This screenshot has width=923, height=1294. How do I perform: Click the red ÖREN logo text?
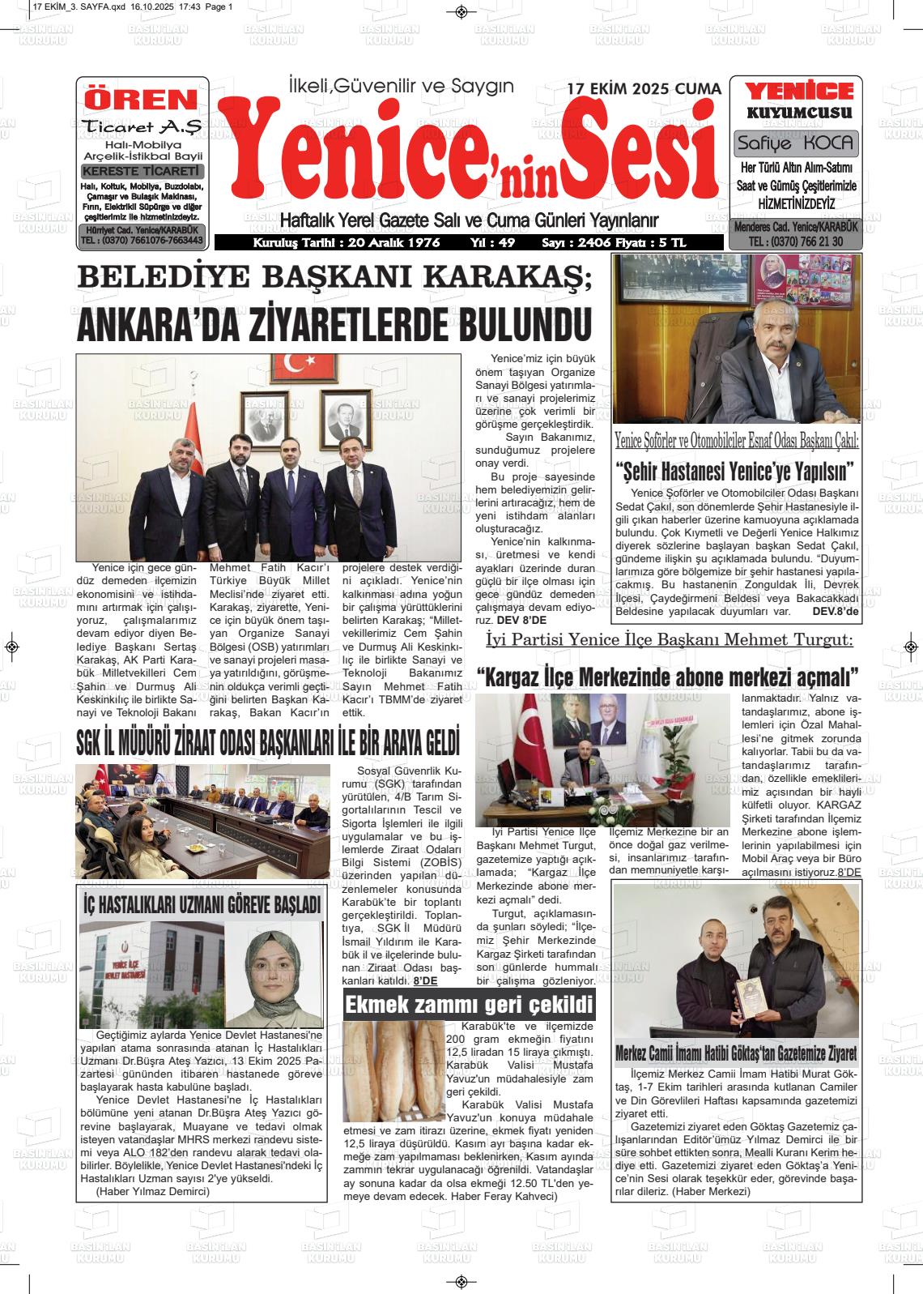pyautogui.click(x=142, y=99)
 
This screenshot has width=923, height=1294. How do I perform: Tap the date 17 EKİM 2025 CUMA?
pyautogui.click(x=643, y=89)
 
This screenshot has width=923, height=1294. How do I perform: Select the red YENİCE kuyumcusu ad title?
pyautogui.click(x=798, y=92)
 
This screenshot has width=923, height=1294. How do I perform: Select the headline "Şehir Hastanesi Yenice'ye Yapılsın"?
pyautogui.click(x=736, y=471)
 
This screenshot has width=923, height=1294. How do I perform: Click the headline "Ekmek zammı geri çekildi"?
pyautogui.click(x=469, y=1006)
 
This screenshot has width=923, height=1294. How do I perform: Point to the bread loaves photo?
pyautogui.click(x=393, y=1070)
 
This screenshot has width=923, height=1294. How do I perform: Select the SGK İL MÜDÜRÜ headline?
pyautogui.click(x=268, y=741)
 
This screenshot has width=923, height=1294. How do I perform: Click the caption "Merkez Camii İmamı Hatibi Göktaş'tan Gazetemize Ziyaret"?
pyautogui.click(x=735, y=1053)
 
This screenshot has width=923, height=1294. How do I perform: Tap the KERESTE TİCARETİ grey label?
pyautogui.click(x=142, y=171)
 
